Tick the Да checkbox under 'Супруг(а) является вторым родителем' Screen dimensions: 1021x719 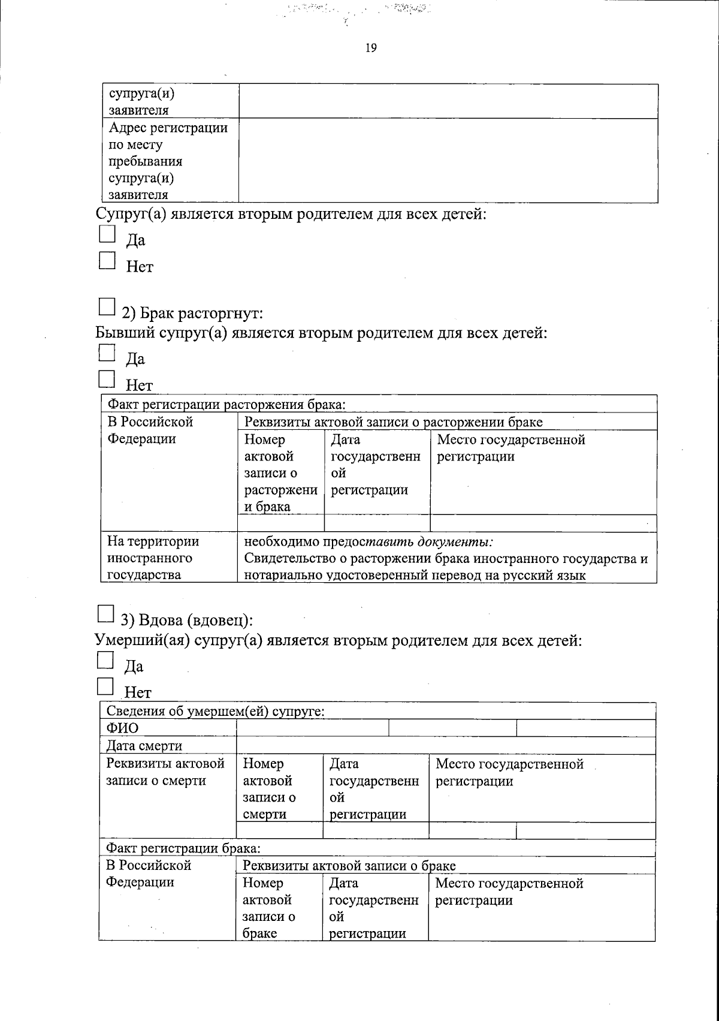tap(107, 233)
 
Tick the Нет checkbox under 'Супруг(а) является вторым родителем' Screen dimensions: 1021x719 tap(107, 260)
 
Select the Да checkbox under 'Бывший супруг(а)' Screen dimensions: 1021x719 tap(106, 352)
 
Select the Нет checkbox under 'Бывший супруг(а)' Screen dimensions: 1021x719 tap(106, 379)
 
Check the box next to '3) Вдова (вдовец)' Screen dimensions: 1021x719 tap(105, 613)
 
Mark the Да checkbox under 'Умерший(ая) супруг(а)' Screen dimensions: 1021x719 tap(105, 660)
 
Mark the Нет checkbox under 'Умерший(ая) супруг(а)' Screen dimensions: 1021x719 tap(105, 686)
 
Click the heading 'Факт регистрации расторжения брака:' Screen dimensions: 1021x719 tap(225, 404)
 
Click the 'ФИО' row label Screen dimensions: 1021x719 tap(122, 728)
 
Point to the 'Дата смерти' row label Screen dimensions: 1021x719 tap(144, 746)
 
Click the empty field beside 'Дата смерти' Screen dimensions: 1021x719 tap(446, 746)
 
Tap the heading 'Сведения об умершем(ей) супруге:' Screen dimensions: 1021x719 tap(216, 712)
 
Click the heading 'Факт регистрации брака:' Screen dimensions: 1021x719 tap(183, 848)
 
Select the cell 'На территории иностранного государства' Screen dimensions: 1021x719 tap(153, 558)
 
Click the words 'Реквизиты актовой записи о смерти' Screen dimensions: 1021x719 tap(165, 772)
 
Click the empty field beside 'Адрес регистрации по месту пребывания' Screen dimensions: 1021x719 tap(448, 160)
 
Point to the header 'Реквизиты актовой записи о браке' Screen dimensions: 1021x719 tap(349, 866)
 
